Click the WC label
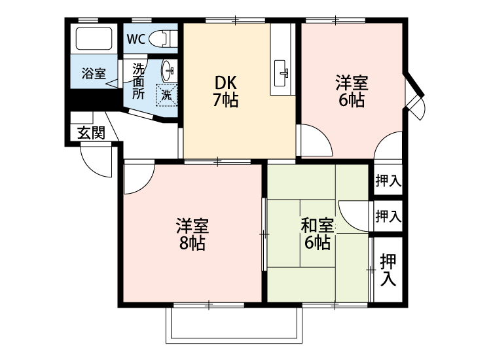point(136,39)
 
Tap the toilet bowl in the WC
point(160,39)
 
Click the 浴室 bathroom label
point(94,73)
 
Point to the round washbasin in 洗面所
point(168,69)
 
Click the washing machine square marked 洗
point(166,94)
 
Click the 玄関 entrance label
point(91,133)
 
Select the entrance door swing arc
point(94,160)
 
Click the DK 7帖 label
point(227,92)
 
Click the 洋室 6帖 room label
point(352,92)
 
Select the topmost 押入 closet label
point(388,181)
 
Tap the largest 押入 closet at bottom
point(388,269)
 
